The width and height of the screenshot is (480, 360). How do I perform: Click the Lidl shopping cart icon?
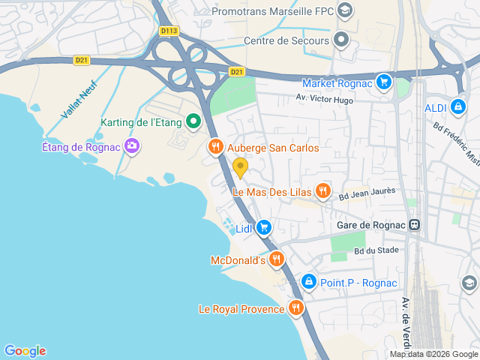pyautogui.click(x=263, y=227)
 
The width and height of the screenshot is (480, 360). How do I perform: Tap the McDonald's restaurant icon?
pyautogui.click(x=277, y=259)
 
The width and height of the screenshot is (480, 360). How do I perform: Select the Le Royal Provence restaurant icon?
pyautogui.click(x=296, y=307)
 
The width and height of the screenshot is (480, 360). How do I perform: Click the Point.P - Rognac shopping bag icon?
pyautogui.click(x=307, y=281)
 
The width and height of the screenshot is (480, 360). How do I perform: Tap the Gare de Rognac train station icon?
pyautogui.click(x=413, y=225)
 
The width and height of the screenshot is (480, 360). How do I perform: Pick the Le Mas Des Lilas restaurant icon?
pyautogui.click(x=322, y=191)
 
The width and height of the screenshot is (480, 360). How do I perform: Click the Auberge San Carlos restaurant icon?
pyautogui.click(x=216, y=147)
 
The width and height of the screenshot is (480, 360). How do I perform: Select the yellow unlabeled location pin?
pyautogui.click(x=240, y=166)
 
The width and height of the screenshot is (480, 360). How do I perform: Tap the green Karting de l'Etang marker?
pyautogui.click(x=193, y=120)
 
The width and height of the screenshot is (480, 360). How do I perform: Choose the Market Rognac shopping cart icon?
pyautogui.click(x=384, y=82)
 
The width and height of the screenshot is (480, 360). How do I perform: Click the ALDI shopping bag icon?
pyautogui.click(x=457, y=107)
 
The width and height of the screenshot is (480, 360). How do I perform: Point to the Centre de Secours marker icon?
pyautogui.click(x=342, y=39)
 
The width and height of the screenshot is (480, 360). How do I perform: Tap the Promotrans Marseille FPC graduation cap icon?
pyautogui.click(x=344, y=10)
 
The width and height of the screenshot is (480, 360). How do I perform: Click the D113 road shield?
pyautogui.click(x=169, y=31)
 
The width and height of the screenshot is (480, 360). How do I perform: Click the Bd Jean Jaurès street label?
pyautogui.click(x=366, y=195)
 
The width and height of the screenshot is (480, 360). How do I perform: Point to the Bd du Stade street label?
pyautogui.click(x=376, y=250)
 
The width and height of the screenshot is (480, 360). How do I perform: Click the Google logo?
pyautogui.click(x=25, y=350)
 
